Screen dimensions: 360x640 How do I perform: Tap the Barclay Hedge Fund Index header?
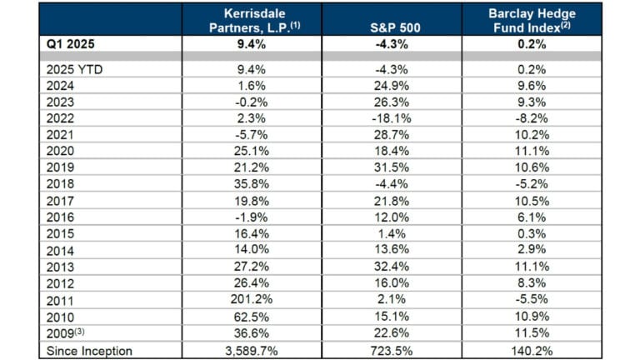(x=531, y=21)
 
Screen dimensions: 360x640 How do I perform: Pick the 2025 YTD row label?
(x=74, y=70)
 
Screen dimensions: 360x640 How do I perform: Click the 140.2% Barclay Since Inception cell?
(x=531, y=351)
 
